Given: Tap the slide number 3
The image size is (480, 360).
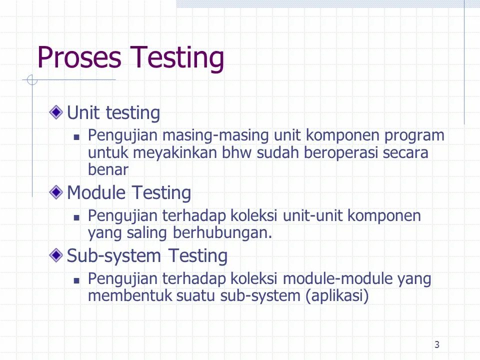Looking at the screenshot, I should tap(437, 344).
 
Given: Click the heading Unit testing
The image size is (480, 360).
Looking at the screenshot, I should tap(113, 113).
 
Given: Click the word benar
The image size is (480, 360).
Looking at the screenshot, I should tap(108, 169).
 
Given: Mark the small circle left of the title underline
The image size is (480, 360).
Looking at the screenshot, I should tap(32, 80).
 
